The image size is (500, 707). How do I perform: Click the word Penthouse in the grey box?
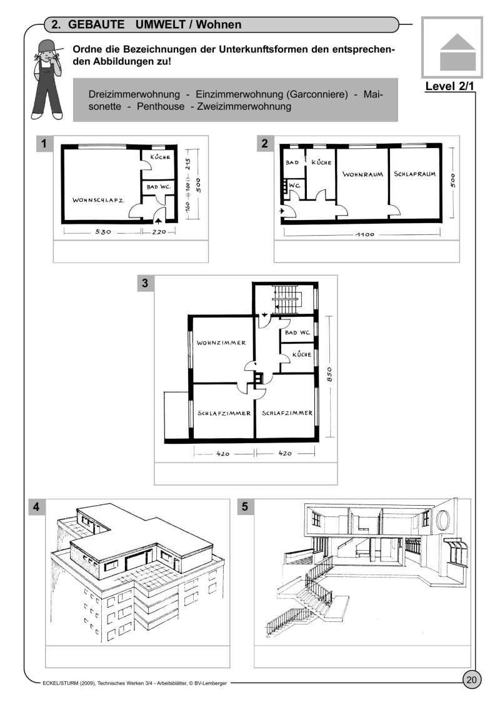click(161, 106)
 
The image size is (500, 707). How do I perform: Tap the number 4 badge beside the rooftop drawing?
click(36, 507)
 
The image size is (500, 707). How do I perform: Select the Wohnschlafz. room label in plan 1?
click(99, 200)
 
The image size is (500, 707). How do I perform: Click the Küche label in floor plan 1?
click(160, 157)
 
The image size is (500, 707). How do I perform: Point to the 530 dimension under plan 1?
click(102, 232)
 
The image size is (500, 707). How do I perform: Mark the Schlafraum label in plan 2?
click(415, 174)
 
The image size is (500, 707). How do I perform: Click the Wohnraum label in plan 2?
click(362, 174)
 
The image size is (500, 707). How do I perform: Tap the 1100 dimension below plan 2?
click(365, 234)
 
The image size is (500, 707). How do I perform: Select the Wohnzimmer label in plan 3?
click(221, 343)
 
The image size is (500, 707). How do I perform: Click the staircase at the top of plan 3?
click(287, 298)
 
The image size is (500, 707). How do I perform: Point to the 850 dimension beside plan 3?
click(329, 374)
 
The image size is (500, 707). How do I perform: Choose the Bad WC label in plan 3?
click(297, 333)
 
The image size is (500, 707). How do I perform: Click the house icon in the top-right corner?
click(457, 52)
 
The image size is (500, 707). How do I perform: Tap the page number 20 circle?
click(471, 680)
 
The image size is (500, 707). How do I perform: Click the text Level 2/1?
click(449, 86)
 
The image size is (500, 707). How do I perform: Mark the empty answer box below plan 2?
click(366, 251)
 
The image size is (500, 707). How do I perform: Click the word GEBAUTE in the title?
click(96, 24)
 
